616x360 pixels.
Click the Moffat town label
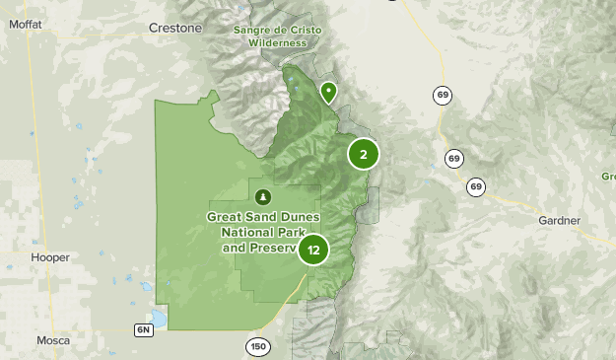23,29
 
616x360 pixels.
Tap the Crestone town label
174,28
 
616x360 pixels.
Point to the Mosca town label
52,340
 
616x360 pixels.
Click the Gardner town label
560,219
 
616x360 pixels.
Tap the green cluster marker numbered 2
364,154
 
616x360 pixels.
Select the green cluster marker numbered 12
313,250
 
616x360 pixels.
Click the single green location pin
328,93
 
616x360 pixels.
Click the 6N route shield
146,328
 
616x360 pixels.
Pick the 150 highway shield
258,346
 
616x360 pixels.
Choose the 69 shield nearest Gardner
477,186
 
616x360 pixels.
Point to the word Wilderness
283,43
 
